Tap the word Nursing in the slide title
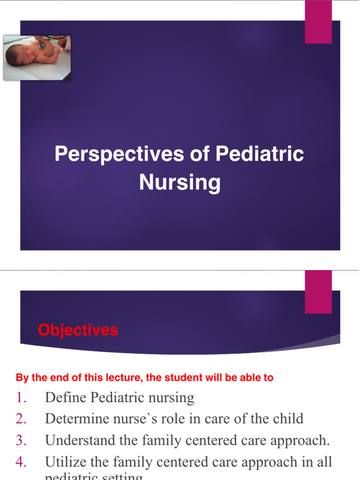pos(180,182)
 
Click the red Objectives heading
pos(78,330)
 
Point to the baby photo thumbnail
pos(37,58)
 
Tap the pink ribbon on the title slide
pos(318,22)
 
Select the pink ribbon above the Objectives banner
pos(318,292)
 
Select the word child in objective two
pos(287,419)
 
